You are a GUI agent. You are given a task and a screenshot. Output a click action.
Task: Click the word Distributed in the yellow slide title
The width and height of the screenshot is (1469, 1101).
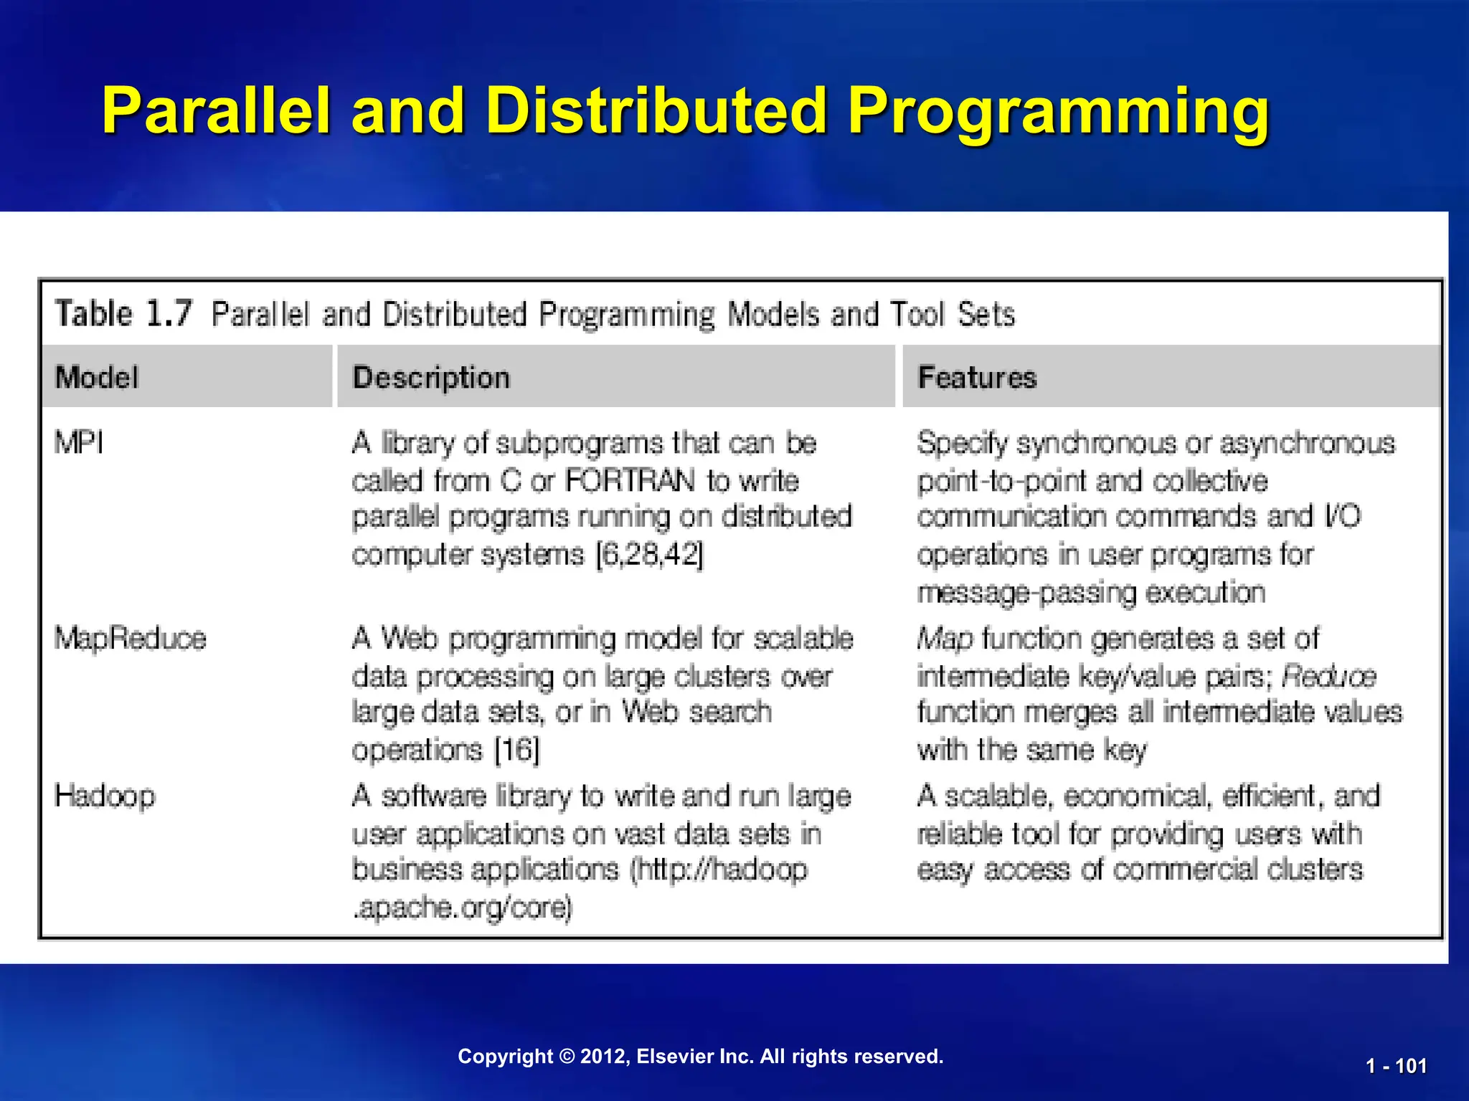tap(656, 111)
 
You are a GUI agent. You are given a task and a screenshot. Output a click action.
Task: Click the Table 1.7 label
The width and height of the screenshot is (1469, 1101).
tap(124, 314)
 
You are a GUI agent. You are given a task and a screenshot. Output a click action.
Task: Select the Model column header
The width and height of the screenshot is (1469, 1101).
tap(97, 377)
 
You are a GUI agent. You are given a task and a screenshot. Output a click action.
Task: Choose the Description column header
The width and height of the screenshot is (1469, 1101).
tap(431, 377)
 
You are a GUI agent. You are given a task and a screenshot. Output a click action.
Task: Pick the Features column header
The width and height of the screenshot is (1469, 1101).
tap(977, 377)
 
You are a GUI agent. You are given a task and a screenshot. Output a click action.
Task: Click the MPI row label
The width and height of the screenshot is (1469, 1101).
tap(79, 443)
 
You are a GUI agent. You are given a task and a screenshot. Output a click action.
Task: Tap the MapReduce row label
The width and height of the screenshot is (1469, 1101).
tap(131, 638)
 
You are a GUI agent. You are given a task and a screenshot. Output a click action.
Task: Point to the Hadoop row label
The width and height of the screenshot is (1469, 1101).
tap(105, 796)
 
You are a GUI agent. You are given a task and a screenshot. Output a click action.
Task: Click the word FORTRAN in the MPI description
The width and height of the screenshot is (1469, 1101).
tap(630, 480)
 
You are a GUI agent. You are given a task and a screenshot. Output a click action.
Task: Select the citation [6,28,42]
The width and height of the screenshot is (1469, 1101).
tap(650, 555)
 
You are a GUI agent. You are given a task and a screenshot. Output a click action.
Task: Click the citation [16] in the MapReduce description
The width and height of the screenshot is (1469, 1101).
tap(517, 750)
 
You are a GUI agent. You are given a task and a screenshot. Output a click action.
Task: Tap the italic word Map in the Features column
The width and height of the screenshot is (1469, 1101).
tap(945, 638)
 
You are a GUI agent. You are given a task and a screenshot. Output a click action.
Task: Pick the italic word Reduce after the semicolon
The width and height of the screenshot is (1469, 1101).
tap(1328, 676)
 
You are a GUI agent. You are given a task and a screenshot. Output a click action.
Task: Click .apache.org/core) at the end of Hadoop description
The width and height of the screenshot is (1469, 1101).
tap(463, 908)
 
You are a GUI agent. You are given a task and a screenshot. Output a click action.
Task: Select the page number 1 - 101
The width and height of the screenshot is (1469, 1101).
tap(1396, 1066)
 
